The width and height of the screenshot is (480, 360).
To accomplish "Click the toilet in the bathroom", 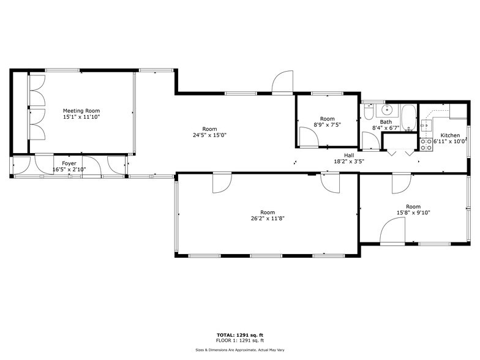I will pos(369,112).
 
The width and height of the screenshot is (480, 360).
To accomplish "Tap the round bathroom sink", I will pos(387,110).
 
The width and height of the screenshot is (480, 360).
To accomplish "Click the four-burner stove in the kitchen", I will pos(426,144).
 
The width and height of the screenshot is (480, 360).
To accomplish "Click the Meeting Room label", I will pos(81,111).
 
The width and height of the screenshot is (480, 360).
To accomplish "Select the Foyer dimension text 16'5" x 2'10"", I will pos(69,170).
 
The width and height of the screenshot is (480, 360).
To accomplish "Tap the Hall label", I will pos(348,156).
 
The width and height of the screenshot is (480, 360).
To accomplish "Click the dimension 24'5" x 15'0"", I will pos(209,135).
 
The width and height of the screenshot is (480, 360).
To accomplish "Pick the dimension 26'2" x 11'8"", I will pos(268,218).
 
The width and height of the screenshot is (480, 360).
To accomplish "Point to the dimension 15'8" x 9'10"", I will pos(413,213).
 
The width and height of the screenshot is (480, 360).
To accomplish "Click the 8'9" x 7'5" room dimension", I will pos(328,125).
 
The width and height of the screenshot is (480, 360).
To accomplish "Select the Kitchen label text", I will pos(450,135).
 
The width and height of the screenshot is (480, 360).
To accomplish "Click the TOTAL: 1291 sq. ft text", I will pos(240,335).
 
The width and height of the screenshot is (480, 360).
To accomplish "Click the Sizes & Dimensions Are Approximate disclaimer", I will pos(240,350).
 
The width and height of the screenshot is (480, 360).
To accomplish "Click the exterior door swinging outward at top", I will pos(283,83).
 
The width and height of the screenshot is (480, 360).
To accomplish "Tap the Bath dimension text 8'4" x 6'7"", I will pos(386,128).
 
